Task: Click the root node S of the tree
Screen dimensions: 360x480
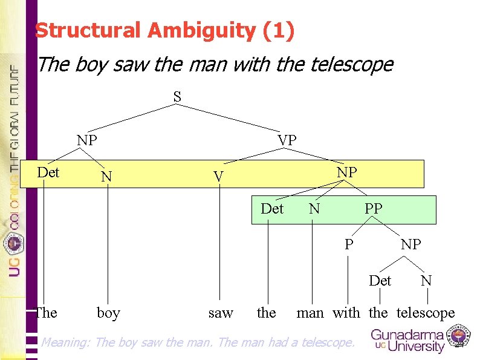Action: [x=177, y=96]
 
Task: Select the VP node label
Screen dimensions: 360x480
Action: [x=287, y=140]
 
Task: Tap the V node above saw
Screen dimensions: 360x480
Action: [x=219, y=177]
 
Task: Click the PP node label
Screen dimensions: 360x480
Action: [x=373, y=209]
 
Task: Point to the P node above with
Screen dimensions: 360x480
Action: [x=349, y=244]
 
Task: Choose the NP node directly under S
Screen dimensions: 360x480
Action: [x=87, y=140]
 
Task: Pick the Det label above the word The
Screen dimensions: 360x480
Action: [x=48, y=172]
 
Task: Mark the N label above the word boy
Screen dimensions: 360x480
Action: [x=106, y=177]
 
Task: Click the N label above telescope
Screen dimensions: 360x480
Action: [x=426, y=280]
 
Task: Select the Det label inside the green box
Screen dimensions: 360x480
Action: [x=272, y=209]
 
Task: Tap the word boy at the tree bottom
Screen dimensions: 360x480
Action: [x=108, y=313]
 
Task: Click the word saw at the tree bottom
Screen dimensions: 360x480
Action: [x=220, y=313]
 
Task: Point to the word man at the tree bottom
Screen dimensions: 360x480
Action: [x=310, y=313]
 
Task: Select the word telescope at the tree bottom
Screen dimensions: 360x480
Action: [x=426, y=313]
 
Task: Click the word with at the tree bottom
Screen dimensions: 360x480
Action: [x=346, y=313]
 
